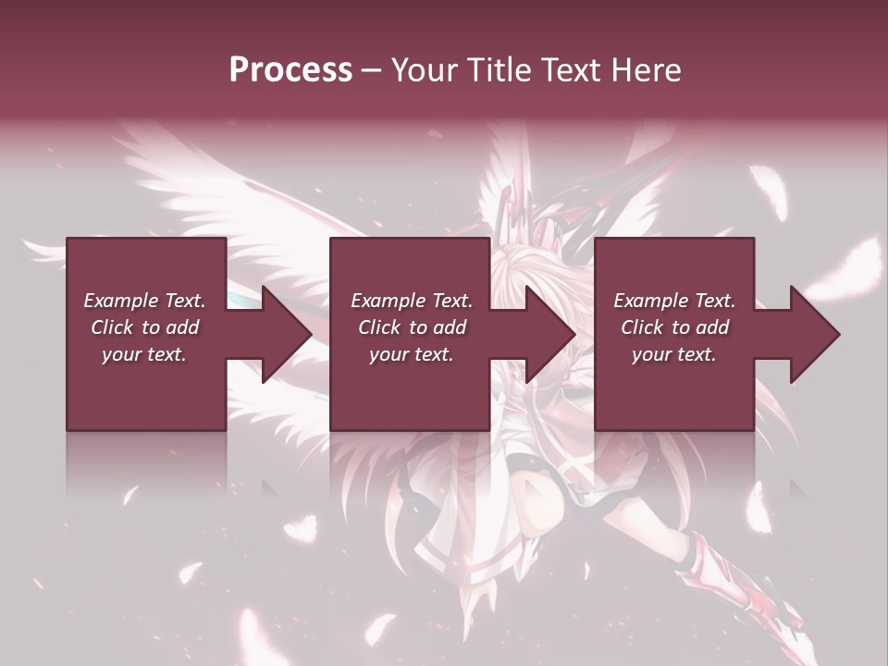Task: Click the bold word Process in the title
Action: pos(290,70)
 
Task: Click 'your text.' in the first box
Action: pos(144,354)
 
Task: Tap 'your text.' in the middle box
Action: pos(411,354)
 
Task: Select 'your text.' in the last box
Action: pos(673,354)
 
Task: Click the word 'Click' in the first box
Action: pos(111,327)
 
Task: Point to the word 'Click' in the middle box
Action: pos(378,327)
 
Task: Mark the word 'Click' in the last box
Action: pos(641,327)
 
